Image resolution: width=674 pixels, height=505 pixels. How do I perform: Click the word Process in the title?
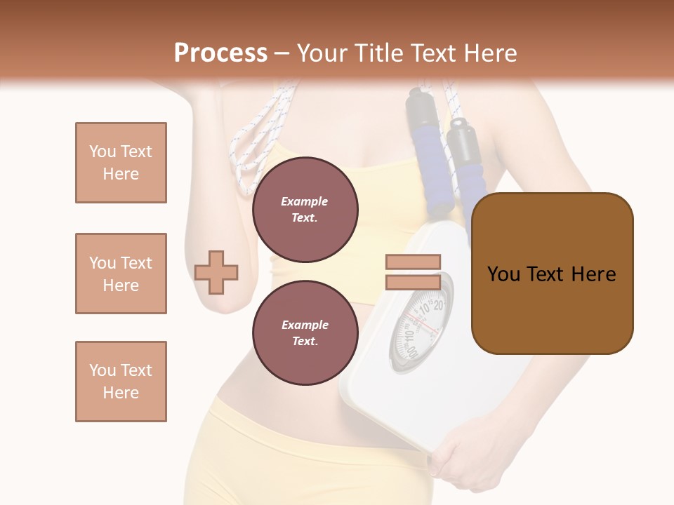pos(220,53)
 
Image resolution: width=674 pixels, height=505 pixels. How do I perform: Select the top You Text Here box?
pos(121,163)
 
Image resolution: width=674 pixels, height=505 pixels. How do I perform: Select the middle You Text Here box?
pos(121,274)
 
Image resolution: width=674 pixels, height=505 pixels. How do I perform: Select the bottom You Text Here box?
pos(121,382)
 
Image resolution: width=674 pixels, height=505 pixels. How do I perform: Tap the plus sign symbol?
pos(216,271)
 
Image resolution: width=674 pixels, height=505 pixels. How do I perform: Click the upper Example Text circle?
pos(305,210)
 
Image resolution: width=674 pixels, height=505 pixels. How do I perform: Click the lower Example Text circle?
pos(305,333)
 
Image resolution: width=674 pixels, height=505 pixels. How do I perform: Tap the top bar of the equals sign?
pos(413,262)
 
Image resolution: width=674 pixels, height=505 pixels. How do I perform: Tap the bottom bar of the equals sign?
pos(413,283)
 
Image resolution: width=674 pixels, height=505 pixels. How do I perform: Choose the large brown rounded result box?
pos(552,274)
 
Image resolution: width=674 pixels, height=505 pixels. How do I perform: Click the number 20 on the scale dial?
pos(437,305)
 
